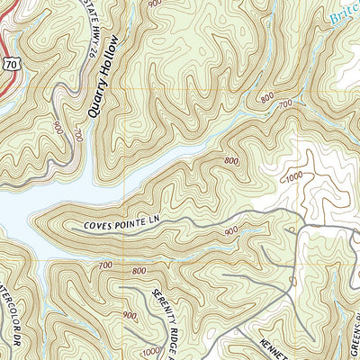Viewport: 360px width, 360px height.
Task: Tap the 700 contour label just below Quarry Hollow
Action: point(79,136)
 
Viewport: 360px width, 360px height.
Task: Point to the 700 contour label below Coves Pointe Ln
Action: point(105,265)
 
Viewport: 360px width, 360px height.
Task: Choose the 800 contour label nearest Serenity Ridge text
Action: point(139,271)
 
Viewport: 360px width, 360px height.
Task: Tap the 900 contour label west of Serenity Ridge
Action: point(130,315)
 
